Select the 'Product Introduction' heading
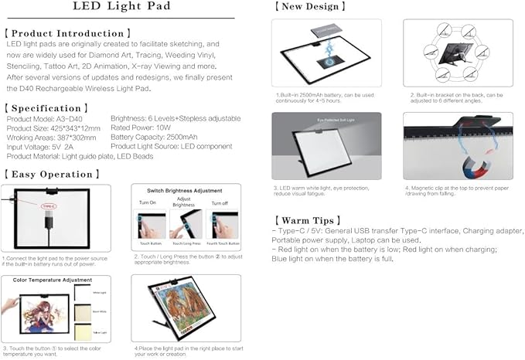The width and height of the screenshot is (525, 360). tap(69, 34)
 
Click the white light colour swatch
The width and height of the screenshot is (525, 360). tap(83, 294)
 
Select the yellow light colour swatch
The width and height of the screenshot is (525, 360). tap(83, 332)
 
